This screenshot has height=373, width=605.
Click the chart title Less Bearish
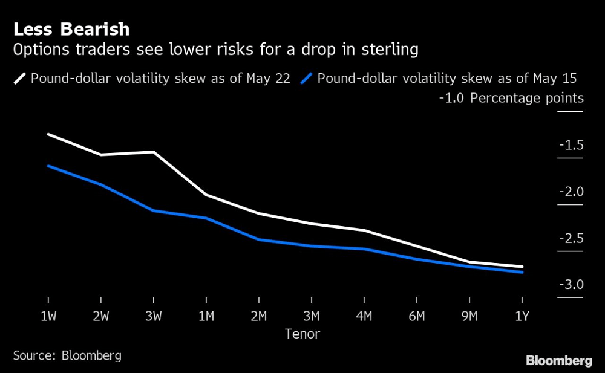[71, 29]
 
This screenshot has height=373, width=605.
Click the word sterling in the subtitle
[390, 50]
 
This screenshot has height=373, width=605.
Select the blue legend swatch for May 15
[308, 78]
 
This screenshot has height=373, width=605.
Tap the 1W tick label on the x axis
[48, 316]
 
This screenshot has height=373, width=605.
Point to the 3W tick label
[153, 316]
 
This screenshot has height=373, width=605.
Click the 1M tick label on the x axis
[206, 316]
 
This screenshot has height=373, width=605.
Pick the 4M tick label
[364, 316]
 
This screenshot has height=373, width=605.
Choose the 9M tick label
[469, 316]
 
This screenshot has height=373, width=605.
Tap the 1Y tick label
[522, 316]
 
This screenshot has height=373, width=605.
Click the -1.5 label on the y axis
[571, 145]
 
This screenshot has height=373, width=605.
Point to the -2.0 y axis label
[571, 192]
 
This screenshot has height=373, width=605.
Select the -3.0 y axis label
[571, 285]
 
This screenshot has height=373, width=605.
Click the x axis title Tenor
[302, 334]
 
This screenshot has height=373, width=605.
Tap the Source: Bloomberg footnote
[67, 355]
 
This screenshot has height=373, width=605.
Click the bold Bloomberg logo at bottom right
[559, 361]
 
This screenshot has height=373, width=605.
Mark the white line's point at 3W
[154, 152]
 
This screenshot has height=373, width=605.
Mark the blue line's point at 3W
[154, 210]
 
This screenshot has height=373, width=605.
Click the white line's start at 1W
[48, 134]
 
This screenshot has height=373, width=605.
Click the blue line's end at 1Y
[522, 272]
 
